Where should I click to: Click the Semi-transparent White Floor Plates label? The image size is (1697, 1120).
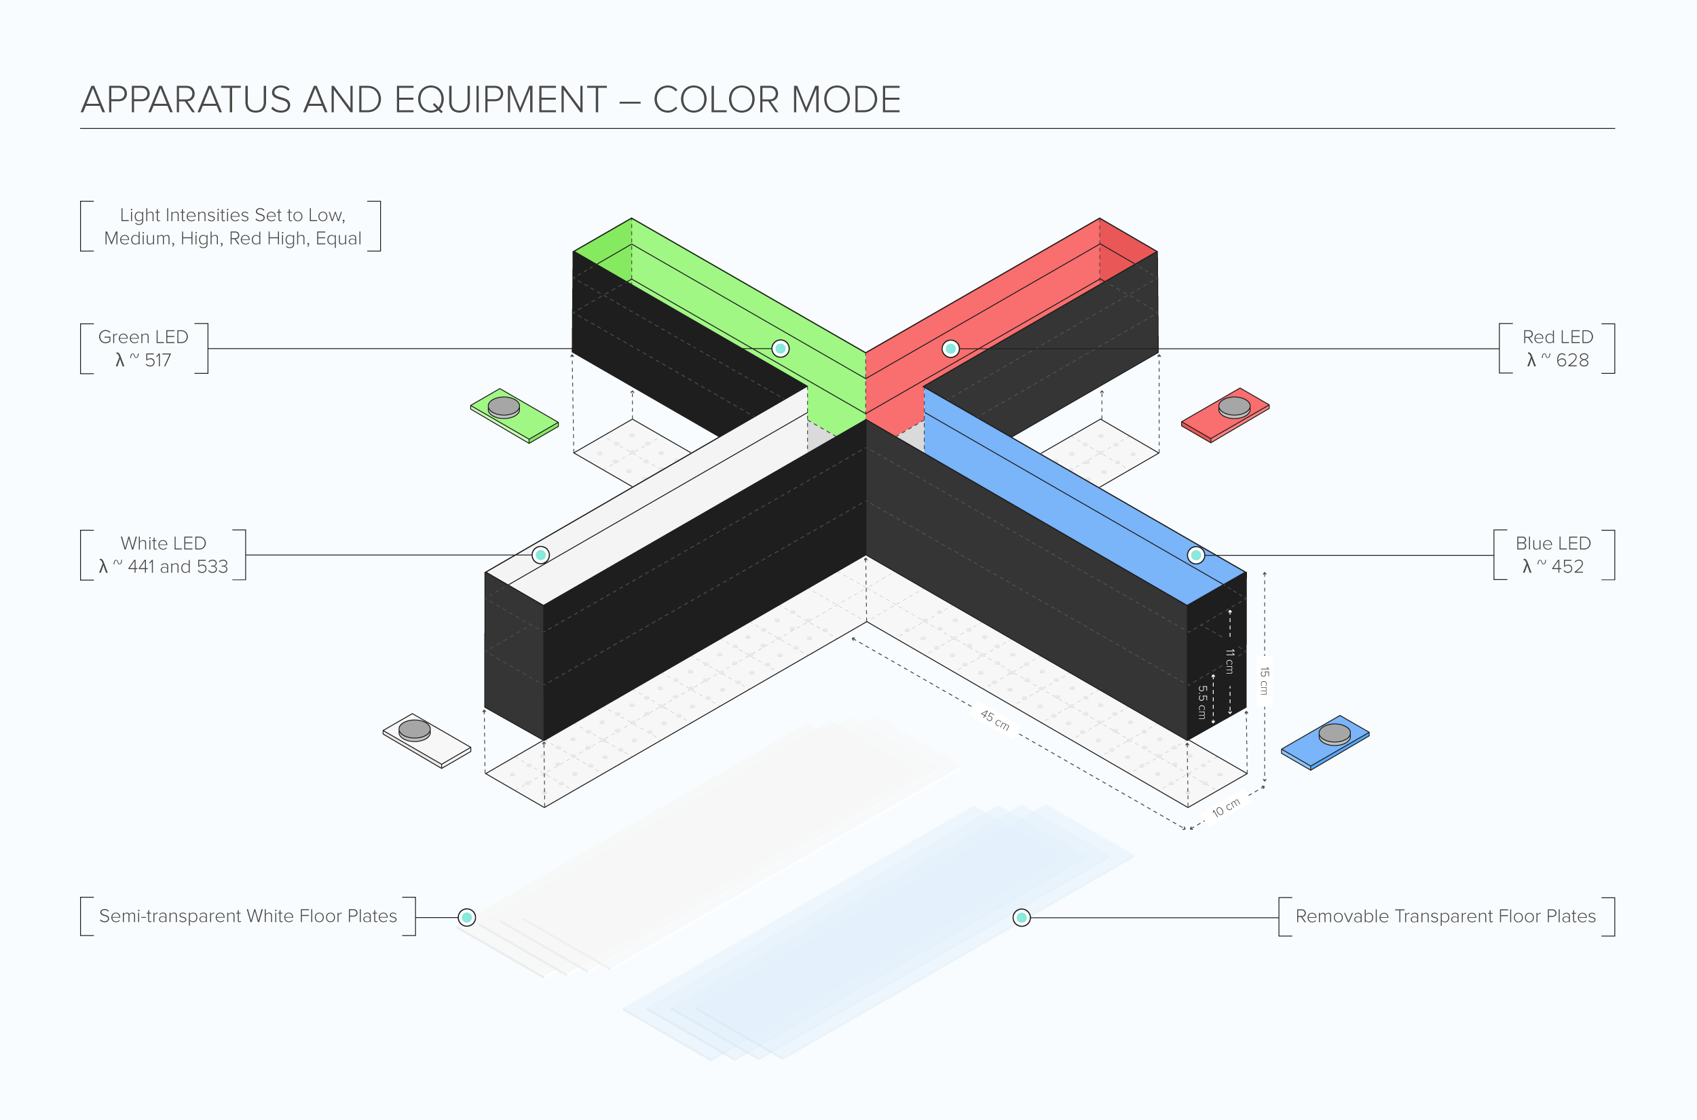[247, 916]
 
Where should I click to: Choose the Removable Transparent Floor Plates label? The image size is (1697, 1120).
[1444, 916]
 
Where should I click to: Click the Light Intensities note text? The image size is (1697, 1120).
[232, 227]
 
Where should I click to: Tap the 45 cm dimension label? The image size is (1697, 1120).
[994, 720]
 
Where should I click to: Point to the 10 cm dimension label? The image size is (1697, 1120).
[1225, 808]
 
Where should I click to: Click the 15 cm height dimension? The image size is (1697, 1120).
[1264, 680]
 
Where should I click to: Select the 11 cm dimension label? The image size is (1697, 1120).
[1230, 661]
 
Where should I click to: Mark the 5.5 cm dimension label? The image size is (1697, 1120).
[1203, 702]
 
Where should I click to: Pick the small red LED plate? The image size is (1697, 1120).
[1225, 415]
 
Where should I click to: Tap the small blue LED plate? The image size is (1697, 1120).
[1325, 742]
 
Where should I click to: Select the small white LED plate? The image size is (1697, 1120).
[426, 740]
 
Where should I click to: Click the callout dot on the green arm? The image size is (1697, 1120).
[780, 349]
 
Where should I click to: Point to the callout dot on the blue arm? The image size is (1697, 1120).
[1195, 555]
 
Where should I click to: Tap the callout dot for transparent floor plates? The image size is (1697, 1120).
[1021, 917]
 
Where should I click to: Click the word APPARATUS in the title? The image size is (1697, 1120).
[186, 100]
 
